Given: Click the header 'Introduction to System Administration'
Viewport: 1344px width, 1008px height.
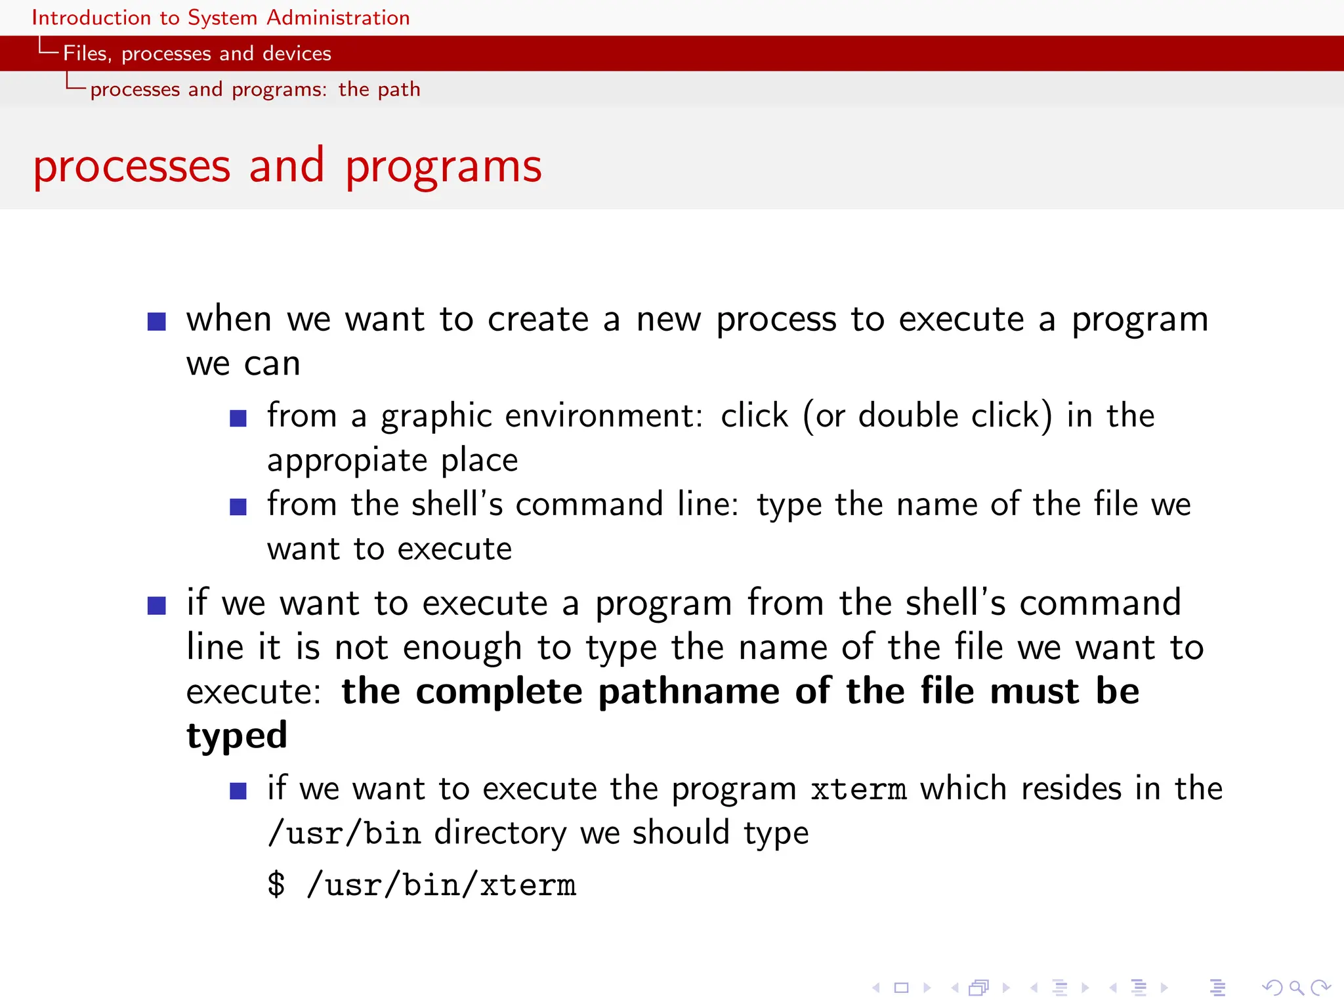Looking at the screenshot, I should coord(220,18).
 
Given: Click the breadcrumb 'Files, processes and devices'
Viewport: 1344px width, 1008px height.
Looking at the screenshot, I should coord(197,53).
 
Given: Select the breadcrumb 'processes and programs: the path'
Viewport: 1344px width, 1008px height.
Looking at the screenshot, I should coord(255,89).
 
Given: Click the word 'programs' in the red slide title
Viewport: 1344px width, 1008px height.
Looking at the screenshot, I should coord(444,167).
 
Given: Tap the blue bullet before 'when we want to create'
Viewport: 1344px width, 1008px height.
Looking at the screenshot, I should coord(157,322).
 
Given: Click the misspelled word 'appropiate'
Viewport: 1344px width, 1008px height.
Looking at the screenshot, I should coord(346,461).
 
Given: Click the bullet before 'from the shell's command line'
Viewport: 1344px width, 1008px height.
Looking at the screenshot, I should coord(238,507).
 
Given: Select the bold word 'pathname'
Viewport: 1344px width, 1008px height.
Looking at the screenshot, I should coord(688,692).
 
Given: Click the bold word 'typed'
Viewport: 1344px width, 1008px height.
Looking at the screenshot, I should coord(237,736).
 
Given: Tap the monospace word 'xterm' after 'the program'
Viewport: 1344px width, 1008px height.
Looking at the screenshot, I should coord(858,789).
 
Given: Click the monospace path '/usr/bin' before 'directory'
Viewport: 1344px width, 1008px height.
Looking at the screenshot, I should coord(345,834).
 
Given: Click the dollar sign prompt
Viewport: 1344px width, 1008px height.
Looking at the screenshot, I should coord(276,885).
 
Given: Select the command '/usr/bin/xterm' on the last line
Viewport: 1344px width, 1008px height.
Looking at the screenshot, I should coord(441,886).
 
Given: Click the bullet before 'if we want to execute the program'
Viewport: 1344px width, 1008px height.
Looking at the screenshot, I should coord(238,791).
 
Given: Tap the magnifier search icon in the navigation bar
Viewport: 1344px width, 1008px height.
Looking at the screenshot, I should coord(1296,988).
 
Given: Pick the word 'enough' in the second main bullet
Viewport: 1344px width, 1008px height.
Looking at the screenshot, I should coord(462,648).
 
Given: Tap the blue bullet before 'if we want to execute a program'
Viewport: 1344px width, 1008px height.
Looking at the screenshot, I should coord(157,605).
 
